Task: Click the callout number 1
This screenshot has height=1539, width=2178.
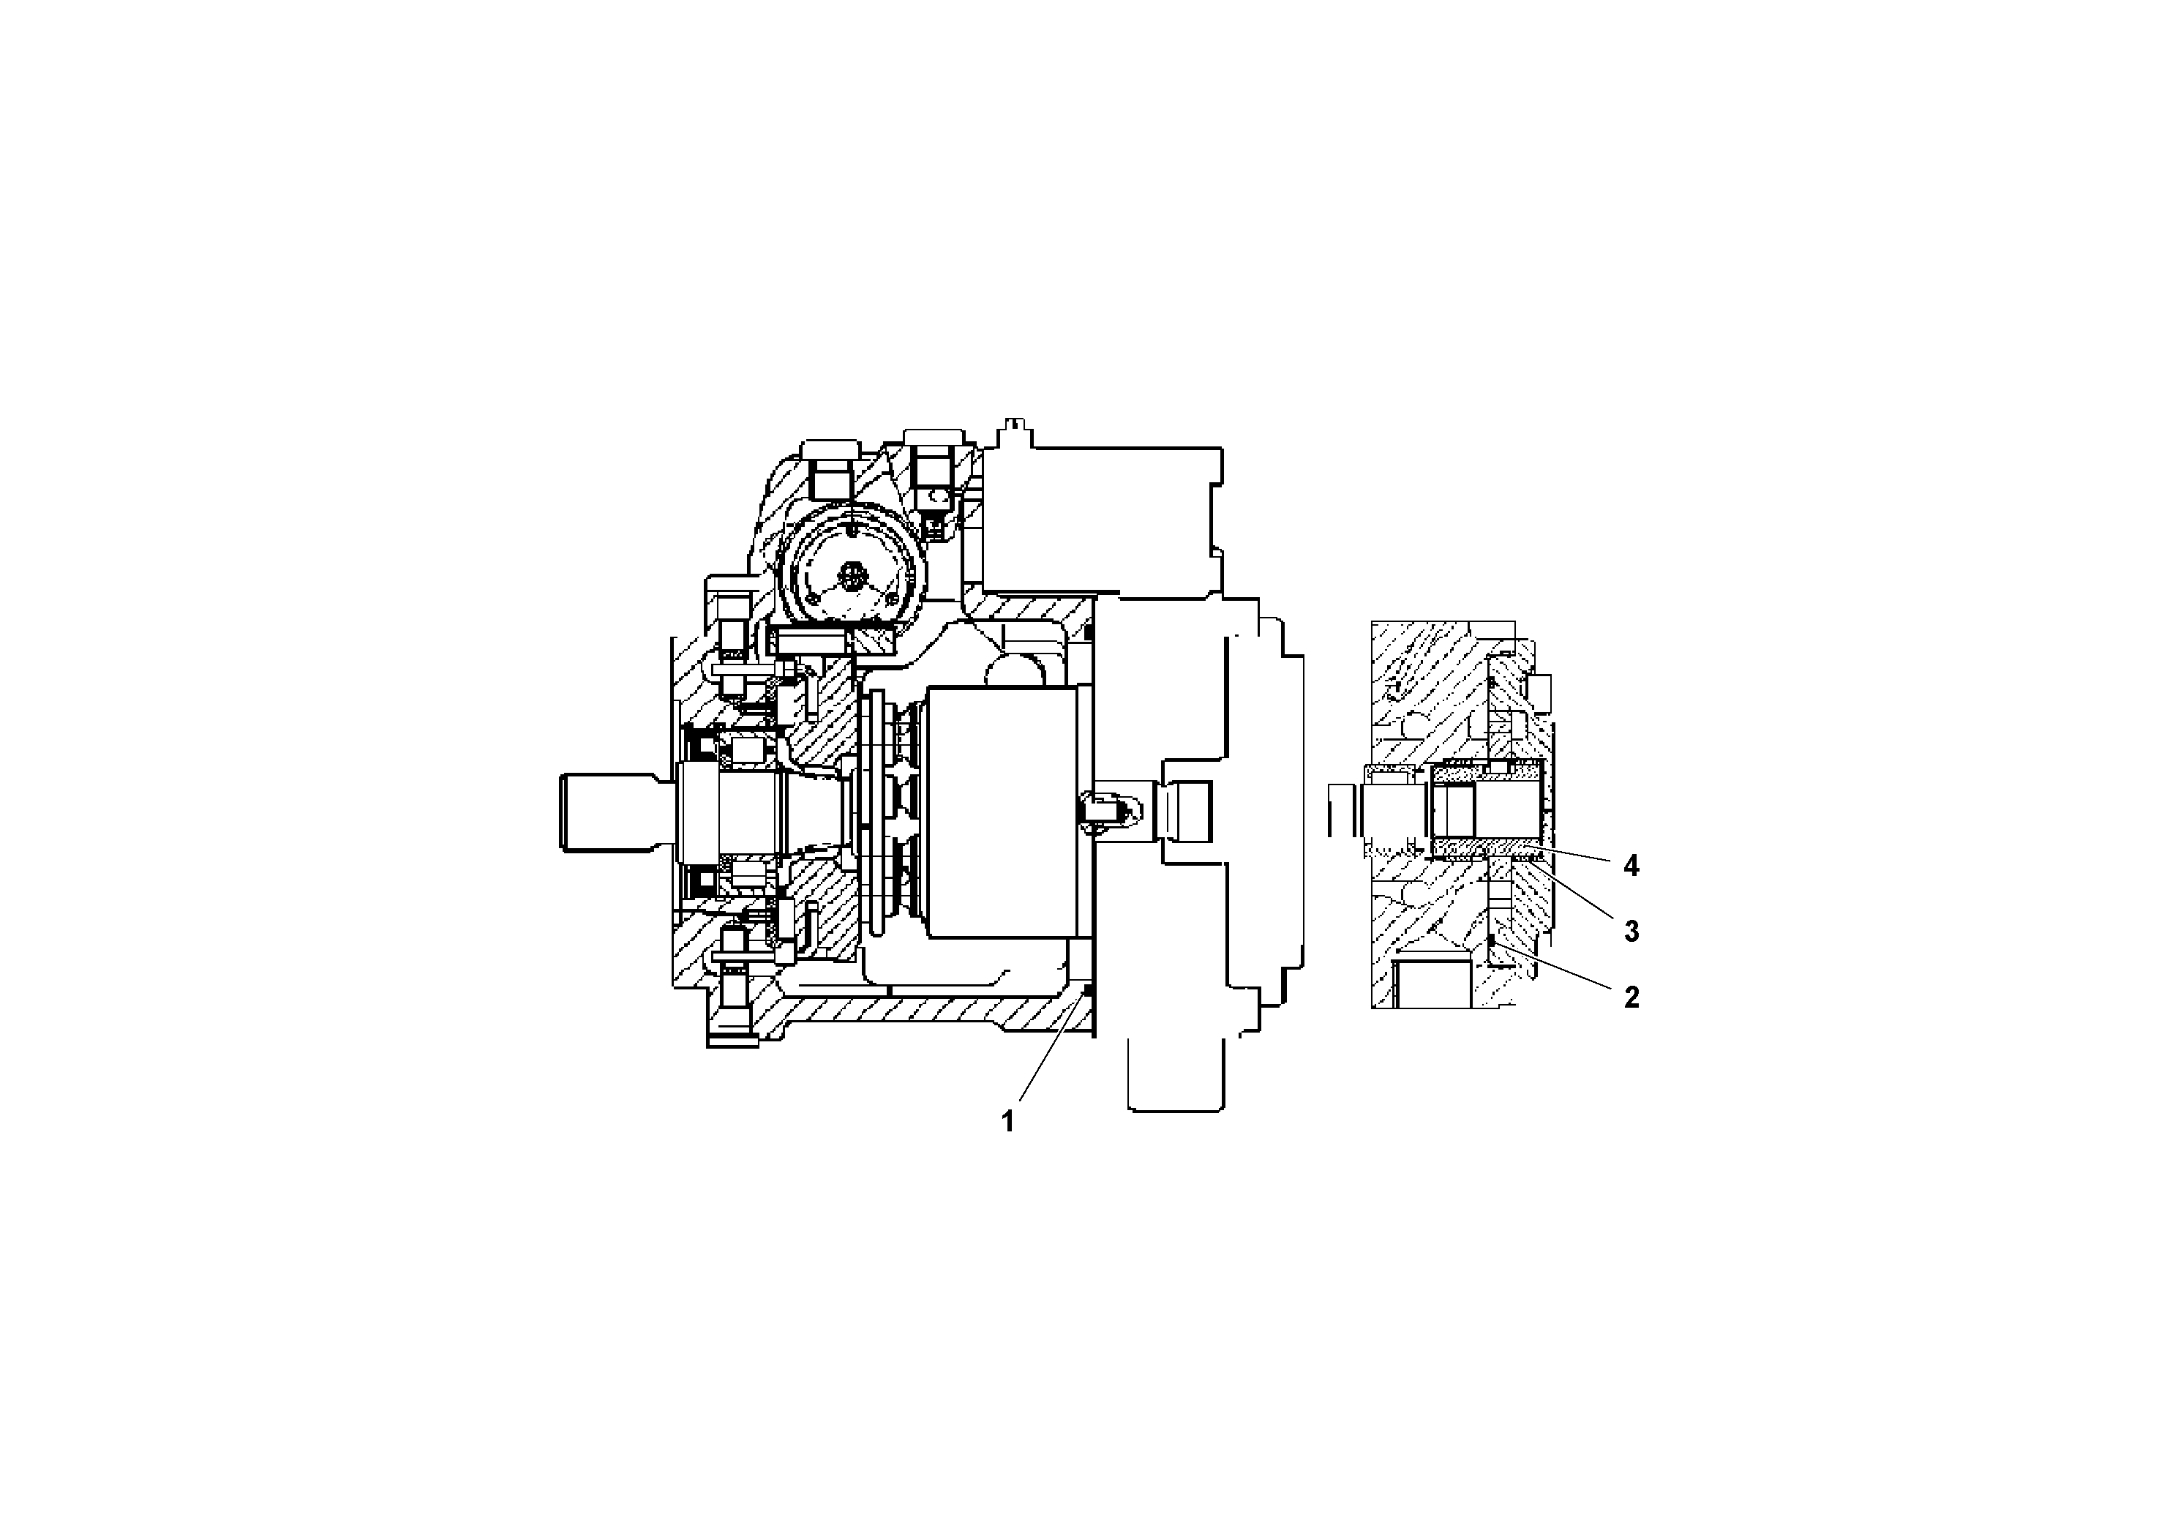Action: tap(1007, 1122)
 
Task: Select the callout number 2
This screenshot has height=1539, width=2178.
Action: tap(1631, 997)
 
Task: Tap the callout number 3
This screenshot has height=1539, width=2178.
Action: tap(1631, 932)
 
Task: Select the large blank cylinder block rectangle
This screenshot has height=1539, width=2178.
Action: tap(1003, 812)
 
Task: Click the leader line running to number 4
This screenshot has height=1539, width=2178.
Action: tap(1574, 852)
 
